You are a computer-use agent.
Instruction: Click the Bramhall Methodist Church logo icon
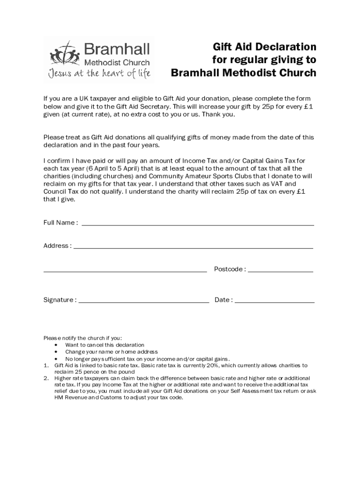click(63, 51)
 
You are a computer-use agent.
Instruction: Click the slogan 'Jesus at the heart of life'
click(98, 74)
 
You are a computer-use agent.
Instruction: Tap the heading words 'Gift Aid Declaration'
click(265, 47)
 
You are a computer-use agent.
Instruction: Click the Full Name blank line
click(198, 225)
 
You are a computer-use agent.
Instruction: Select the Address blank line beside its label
click(193, 248)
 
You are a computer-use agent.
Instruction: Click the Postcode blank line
click(281, 271)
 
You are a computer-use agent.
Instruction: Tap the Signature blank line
click(144, 302)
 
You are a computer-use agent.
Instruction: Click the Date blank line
click(274, 302)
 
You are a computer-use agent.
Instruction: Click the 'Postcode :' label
click(230, 269)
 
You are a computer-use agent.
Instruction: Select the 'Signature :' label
click(60, 300)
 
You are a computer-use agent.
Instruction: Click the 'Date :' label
click(223, 300)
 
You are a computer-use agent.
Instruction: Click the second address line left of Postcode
click(125, 271)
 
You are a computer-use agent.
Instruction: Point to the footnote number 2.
click(46, 378)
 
